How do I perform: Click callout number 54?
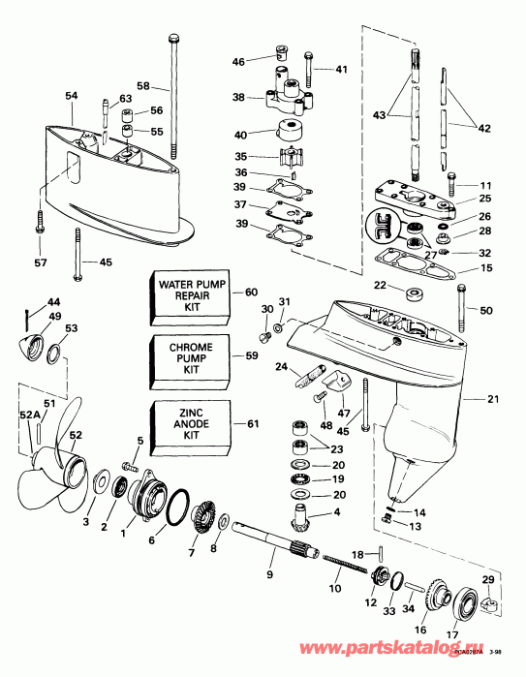71,95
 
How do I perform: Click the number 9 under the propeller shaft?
270,576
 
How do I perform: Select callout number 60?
252,292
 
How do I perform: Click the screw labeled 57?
40,223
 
